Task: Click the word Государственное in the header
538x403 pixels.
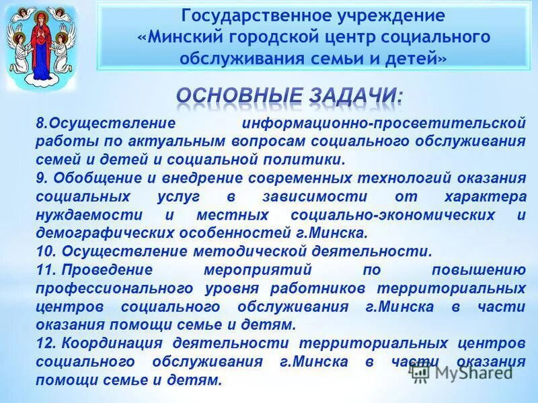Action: [x=243, y=15]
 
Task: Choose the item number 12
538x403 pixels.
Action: [x=44, y=343]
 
